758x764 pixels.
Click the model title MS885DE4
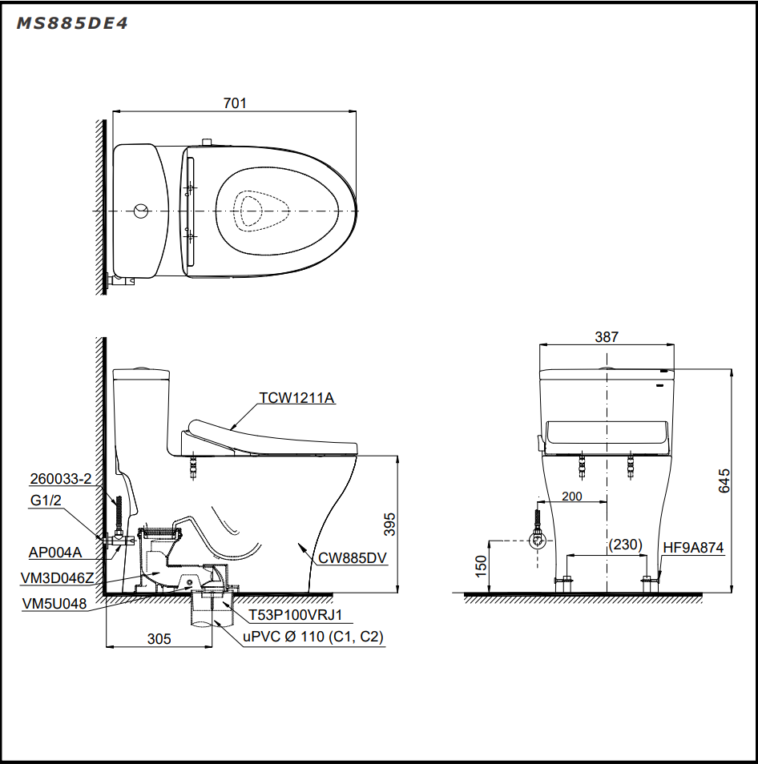[72, 23]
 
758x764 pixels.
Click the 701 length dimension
[235, 103]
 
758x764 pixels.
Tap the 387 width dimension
[607, 336]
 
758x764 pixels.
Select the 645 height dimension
[724, 481]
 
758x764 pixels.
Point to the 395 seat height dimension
[389, 525]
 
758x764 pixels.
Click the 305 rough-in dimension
[159, 639]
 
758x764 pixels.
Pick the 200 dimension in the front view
[572, 496]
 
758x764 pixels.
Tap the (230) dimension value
[626, 545]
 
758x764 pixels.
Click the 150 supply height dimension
[481, 566]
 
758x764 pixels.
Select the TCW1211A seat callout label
[296, 398]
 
